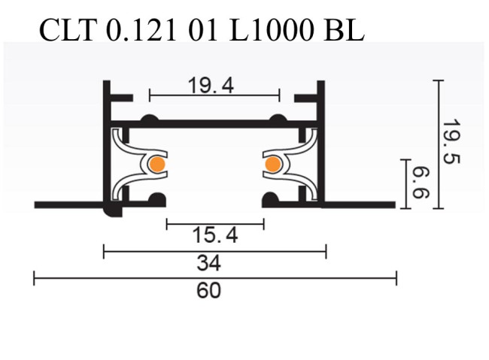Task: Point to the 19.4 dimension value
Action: [x=211, y=86]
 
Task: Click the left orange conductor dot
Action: [x=156, y=164]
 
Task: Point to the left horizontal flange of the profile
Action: [x=68, y=204]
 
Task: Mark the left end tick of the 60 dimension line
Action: [x=35, y=280]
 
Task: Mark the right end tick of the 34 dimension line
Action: [x=326, y=252]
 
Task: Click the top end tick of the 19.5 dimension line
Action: [x=439, y=80]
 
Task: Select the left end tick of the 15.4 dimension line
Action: [x=166, y=223]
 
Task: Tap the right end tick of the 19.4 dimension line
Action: [x=279, y=95]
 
